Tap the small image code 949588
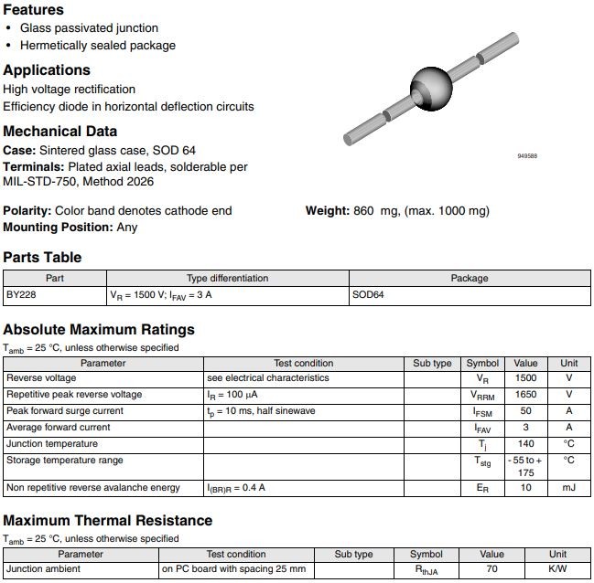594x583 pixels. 527,156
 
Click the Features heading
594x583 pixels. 34,9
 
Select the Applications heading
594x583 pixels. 47,70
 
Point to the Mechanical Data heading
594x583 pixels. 60,131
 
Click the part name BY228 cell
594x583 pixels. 21,296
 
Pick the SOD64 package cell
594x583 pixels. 369,296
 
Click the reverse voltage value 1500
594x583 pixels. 525,378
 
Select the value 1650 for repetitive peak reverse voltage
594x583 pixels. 525,395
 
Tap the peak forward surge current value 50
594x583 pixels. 525,411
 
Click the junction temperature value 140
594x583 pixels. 525,444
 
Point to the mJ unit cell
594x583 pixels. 568,488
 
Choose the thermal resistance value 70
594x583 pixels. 491,569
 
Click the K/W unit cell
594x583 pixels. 557,569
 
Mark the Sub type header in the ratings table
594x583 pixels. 432,364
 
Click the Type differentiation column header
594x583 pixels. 227,279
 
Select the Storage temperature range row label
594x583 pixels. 64,461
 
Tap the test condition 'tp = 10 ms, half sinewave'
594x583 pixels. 261,411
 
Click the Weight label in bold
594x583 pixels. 327,211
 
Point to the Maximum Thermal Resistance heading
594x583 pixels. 107,521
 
